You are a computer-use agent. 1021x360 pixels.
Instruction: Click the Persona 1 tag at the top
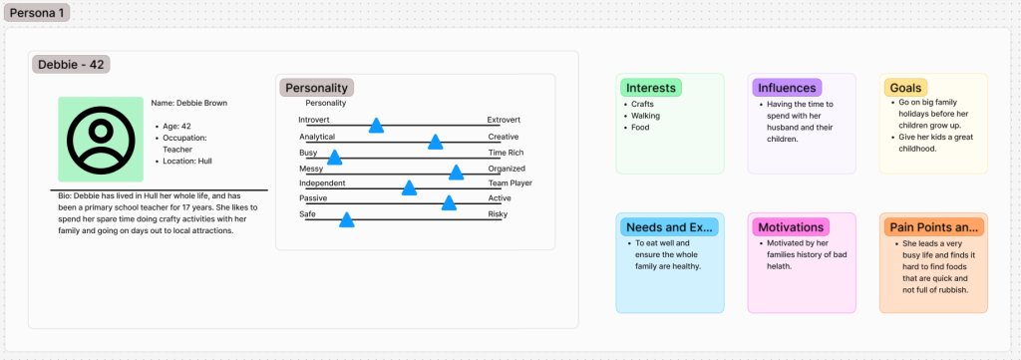tap(37, 12)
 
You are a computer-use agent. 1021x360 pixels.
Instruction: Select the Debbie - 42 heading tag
tap(71, 64)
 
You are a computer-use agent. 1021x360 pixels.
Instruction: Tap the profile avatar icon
tap(101, 140)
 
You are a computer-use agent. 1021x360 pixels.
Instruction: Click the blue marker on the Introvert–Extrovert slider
tap(376, 126)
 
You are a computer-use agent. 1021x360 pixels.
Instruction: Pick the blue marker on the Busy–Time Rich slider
tap(334, 157)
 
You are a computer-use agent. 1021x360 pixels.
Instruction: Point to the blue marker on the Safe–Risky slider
tap(346, 220)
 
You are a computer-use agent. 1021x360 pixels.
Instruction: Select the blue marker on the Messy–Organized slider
tap(456, 173)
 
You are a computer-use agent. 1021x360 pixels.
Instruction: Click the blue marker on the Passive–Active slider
tap(449, 202)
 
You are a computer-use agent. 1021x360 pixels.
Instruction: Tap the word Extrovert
tap(504, 120)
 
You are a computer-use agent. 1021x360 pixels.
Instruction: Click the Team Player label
tap(510, 182)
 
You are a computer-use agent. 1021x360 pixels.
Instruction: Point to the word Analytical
tap(317, 137)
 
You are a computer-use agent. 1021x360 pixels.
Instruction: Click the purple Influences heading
tap(787, 88)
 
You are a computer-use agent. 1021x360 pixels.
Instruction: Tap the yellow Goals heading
tap(905, 88)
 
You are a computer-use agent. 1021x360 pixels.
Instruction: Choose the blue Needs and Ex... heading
tap(669, 227)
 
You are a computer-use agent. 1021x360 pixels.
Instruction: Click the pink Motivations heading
tap(791, 227)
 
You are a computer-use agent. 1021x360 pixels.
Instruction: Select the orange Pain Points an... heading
tap(933, 227)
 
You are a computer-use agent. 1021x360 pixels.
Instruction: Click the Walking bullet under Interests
tap(645, 116)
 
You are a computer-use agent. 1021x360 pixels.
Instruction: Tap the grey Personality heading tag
tap(317, 88)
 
